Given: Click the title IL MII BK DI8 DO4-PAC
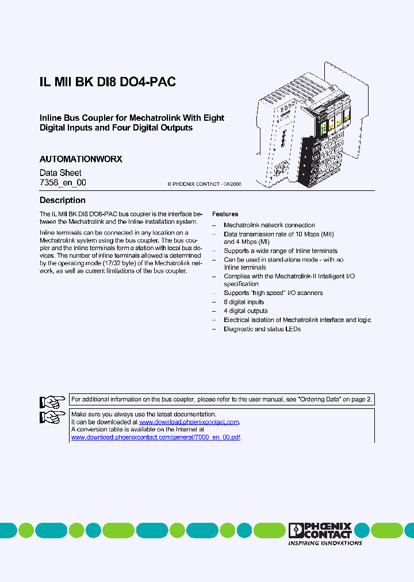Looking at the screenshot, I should click(x=108, y=82).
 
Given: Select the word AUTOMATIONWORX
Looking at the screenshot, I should click(x=80, y=159).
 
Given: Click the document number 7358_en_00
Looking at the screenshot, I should click(x=63, y=183).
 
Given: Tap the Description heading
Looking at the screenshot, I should click(x=62, y=200).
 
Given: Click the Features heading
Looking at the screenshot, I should click(x=225, y=214).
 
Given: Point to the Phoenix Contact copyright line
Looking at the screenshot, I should click(x=204, y=184).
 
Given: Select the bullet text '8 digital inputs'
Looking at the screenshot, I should click(x=244, y=302).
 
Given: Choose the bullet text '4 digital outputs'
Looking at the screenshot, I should click(x=246, y=311).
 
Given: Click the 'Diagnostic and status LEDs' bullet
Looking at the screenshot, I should click(x=262, y=329).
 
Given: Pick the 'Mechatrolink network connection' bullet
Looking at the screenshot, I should click(x=269, y=225).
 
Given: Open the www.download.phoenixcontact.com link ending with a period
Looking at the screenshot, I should click(x=189, y=422).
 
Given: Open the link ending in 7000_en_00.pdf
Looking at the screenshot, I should click(x=155, y=437).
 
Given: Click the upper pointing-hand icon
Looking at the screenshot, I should click(x=52, y=401).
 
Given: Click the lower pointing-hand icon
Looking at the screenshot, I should click(x=52, y=417).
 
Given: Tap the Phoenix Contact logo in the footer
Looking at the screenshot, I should click(x=320, y=530).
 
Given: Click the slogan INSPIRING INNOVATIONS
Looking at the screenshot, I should click(x=325, y=543).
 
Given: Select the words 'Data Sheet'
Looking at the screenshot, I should click(x=60, y=173).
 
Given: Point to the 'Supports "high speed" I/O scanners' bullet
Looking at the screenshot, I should click(x=273, y=293).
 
